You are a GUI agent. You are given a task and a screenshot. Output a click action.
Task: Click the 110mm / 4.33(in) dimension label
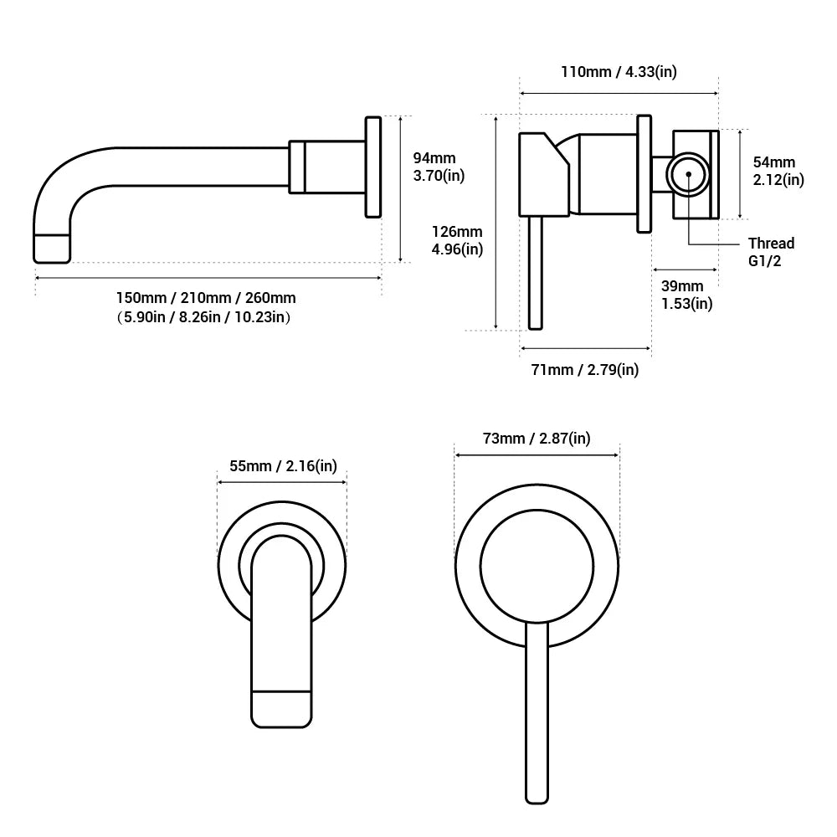pos(619,71)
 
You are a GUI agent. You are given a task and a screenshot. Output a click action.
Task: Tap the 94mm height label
pos(434,158)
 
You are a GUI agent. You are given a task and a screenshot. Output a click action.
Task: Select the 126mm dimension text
pos(457,232)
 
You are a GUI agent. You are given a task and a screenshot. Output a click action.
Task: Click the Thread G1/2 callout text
pos(771,252)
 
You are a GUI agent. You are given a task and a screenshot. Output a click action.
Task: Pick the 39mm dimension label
pos(683,286)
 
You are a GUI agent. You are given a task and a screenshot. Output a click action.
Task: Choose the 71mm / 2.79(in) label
pos(585,369)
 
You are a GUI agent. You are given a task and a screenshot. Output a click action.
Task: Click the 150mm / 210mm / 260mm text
pos(206,298)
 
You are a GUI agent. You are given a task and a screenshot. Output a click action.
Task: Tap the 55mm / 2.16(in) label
pos(282,466)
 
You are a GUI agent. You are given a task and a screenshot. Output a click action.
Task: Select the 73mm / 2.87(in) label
pos(536,439)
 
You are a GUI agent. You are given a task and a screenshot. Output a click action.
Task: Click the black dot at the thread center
pos(688,175)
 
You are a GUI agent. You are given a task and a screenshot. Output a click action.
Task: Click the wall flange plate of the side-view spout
pos(373,168)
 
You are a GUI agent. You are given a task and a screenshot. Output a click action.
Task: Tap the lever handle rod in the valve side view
pos(537,272)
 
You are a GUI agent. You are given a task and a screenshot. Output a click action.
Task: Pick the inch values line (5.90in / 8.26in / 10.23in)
pos(206,317)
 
